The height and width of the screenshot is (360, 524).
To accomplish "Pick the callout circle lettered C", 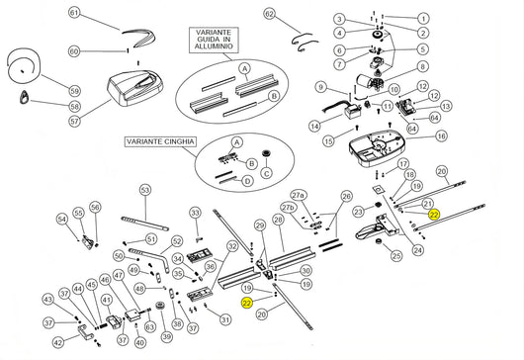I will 264,174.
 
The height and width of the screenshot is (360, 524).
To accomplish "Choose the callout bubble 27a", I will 298,196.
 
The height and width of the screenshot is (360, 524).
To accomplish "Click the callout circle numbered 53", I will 144,189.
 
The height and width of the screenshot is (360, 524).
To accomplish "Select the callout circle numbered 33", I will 195,213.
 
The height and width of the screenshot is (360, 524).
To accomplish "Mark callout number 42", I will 58,343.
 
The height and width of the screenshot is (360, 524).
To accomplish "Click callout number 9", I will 321,88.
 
